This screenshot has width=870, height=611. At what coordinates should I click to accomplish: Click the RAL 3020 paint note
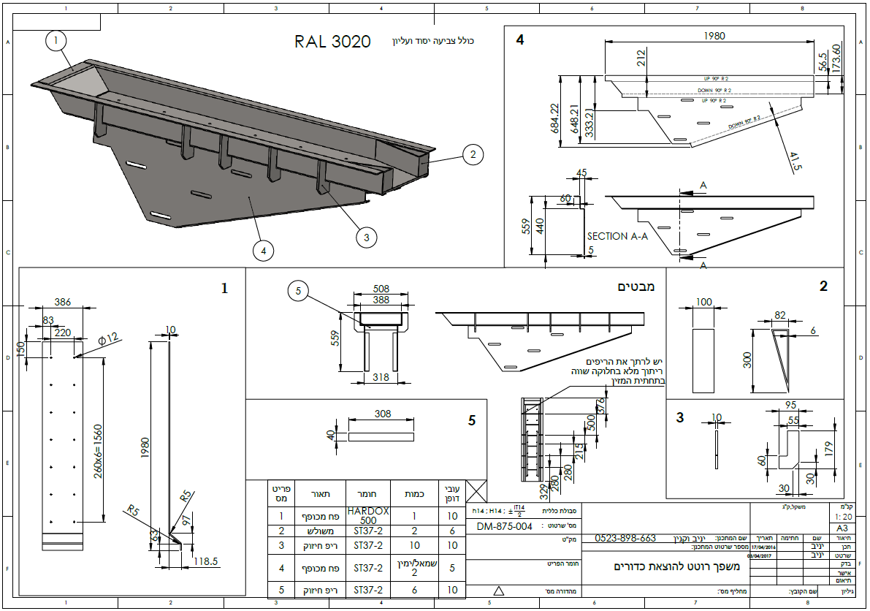pyautogui.click(x=332, y=42)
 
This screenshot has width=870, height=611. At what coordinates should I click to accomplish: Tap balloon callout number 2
pyautogui.click(x=473, y=154)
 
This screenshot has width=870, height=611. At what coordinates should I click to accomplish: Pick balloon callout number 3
pyautogui.click(x=367, y=236)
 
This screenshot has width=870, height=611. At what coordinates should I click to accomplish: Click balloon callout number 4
pyautogui.click(x=263, y=251)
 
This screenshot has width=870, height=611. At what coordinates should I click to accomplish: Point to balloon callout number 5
pyautogui.click(x=298, y=291)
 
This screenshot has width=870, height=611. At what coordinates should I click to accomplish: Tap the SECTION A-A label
pyautogui.click(x=617, y=236)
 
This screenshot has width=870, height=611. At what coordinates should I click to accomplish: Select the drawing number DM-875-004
pyautogui.click(x=504, y=525)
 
